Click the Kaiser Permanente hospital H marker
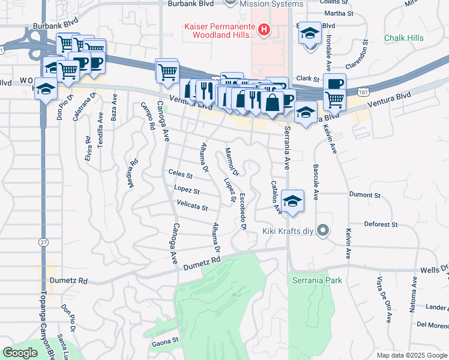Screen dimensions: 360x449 (x=262, y=29)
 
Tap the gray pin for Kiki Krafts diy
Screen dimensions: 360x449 (x=324, y=230)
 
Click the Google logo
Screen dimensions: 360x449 (x=20, y=352)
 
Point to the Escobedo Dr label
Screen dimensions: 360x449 (x=243, y=212)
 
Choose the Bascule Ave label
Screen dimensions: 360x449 (x=315, y=173)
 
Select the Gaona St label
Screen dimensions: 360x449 (x=166, y=340)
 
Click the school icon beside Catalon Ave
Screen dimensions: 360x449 (x=292, y=201)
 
